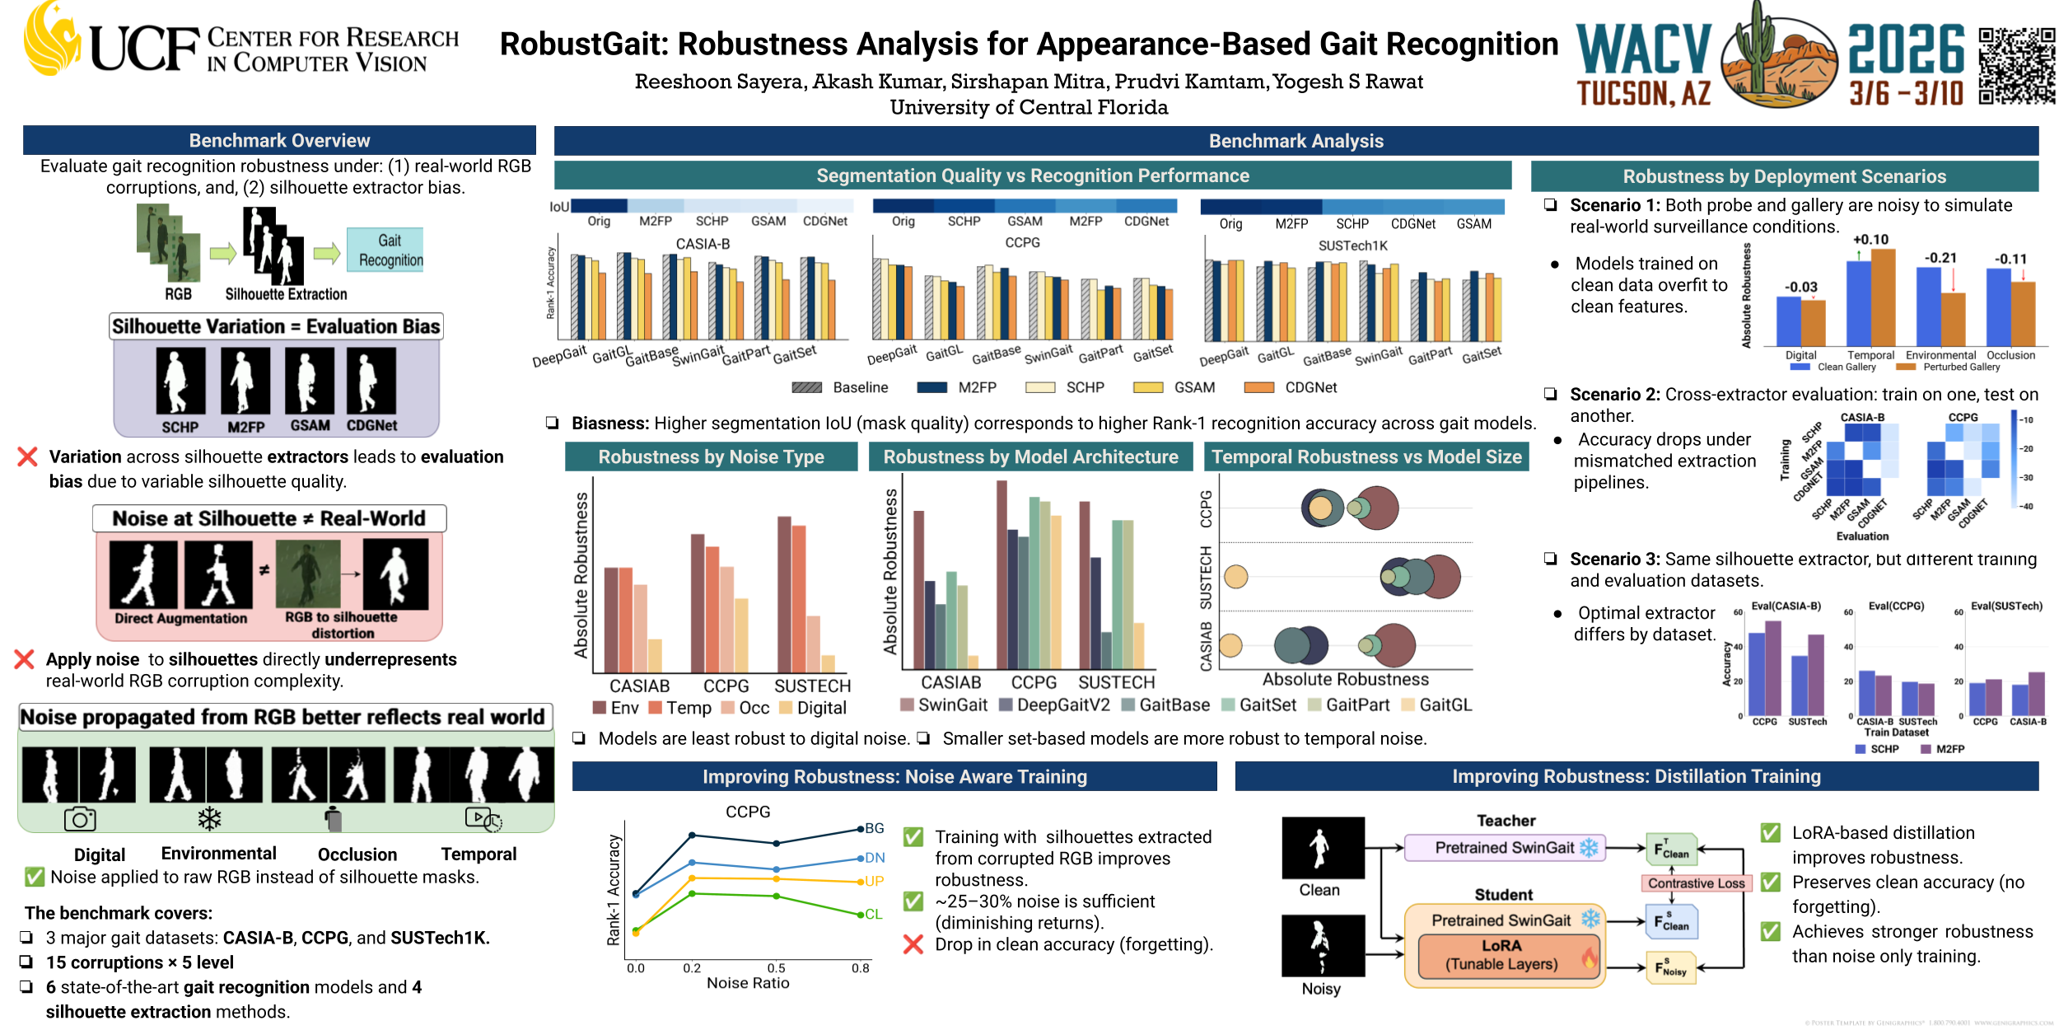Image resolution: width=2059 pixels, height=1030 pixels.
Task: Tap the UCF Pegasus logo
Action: coord(51,40)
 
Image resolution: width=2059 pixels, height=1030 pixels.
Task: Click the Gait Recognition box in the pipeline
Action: coord(385,250)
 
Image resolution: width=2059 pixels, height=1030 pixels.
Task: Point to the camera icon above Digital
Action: coord(80,819)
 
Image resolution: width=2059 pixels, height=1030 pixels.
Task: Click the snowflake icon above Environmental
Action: coord(209,818)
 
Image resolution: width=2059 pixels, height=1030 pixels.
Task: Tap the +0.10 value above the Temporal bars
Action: coord(1870,240)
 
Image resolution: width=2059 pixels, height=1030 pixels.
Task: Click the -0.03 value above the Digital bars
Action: coord(1800,287)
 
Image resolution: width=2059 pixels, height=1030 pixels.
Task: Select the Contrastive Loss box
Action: coord(1696,883)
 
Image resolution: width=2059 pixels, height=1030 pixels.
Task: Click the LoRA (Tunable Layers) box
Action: coord(1501,955)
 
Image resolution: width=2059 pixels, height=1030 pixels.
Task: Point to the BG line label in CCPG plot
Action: coord(874,828)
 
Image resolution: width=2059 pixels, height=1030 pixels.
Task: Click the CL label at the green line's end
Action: coord(873,914)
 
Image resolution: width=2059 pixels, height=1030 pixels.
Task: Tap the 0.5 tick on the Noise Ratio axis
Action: coord(776,968)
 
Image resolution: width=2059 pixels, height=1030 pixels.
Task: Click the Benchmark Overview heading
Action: coord(279,141)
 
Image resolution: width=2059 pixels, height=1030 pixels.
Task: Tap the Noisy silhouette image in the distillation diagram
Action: coord(1323,945)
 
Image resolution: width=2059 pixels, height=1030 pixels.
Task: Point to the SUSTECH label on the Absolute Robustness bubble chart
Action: coord(1206,577)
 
